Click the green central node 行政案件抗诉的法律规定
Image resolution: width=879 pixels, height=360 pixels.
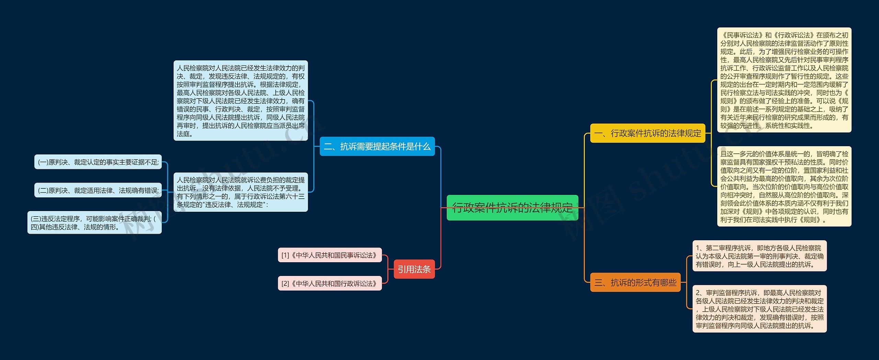click(x=512, y=208)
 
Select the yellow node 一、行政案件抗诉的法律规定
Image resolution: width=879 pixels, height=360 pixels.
click(x=647, y=133)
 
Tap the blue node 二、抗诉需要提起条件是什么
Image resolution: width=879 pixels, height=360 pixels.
click(x=377, y=147)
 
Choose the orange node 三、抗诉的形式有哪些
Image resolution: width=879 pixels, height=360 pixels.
click(x=635, y=282)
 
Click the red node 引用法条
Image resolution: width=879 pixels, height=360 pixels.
click(x=414, y=269)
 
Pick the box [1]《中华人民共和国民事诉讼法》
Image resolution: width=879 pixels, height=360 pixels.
click(x=330, y=255)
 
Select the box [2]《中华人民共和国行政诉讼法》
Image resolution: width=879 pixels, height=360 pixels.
click(x=330, y=283)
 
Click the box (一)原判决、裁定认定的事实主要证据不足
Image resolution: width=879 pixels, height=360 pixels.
click(x=98, y=162)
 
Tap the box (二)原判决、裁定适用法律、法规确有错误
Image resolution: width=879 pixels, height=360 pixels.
click(x=98, y=190)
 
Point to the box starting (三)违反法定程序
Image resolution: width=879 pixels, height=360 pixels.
click(x=94, y=223)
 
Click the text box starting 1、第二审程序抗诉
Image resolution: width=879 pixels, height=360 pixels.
click(x=759, y=256)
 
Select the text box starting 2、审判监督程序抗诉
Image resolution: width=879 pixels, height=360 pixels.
click(x=759, y=309)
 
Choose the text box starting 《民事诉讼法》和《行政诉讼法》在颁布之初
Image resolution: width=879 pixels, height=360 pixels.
click(x=784, y=80)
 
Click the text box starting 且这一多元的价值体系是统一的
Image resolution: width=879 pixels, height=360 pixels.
click(x=784, y=186)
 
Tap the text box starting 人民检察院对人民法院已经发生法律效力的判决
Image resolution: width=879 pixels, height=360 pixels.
click(x=240, y=101)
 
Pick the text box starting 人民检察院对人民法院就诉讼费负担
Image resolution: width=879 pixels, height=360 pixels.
click(x=240, y=192)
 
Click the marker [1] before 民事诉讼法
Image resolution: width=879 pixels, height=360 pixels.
click(x=285, y=255)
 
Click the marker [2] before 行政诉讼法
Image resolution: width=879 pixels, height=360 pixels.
click(x=285, y=284)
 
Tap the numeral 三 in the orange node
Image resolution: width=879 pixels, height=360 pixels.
click(x=598, y=283)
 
